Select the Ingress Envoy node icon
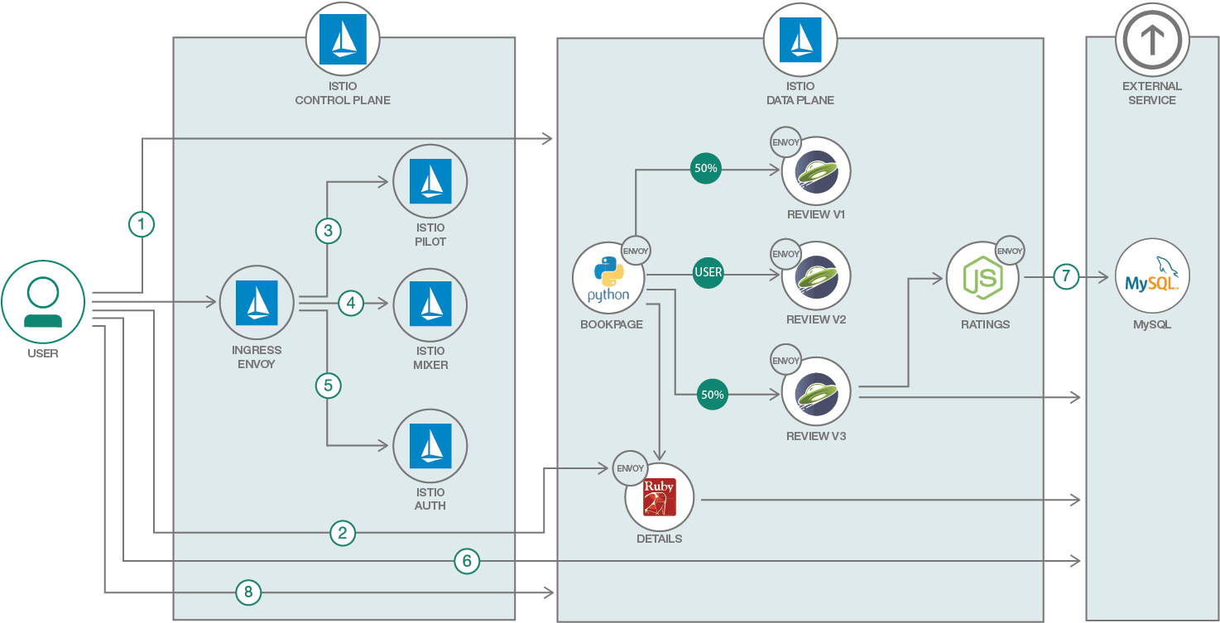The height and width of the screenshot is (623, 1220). click(257, 303)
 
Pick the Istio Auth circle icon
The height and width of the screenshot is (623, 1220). click(430, 446)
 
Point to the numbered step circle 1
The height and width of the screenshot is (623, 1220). click(142, 224)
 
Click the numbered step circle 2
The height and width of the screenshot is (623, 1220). click(343, 534)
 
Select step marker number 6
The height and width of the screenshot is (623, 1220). click(467, 562)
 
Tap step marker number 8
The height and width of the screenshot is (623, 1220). click(247, 592)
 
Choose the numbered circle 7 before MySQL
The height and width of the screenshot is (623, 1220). click(1067, 277)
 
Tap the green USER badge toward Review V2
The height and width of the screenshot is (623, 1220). click(708, 272)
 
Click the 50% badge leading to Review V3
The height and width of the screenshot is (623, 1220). click(712, 395)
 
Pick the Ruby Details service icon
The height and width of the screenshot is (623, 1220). click(660, 497)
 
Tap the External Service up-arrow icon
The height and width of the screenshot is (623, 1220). click(1152, 38)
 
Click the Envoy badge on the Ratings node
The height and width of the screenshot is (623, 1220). click(1010, 251)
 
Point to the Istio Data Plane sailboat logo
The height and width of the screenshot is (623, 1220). click(800, 38)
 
